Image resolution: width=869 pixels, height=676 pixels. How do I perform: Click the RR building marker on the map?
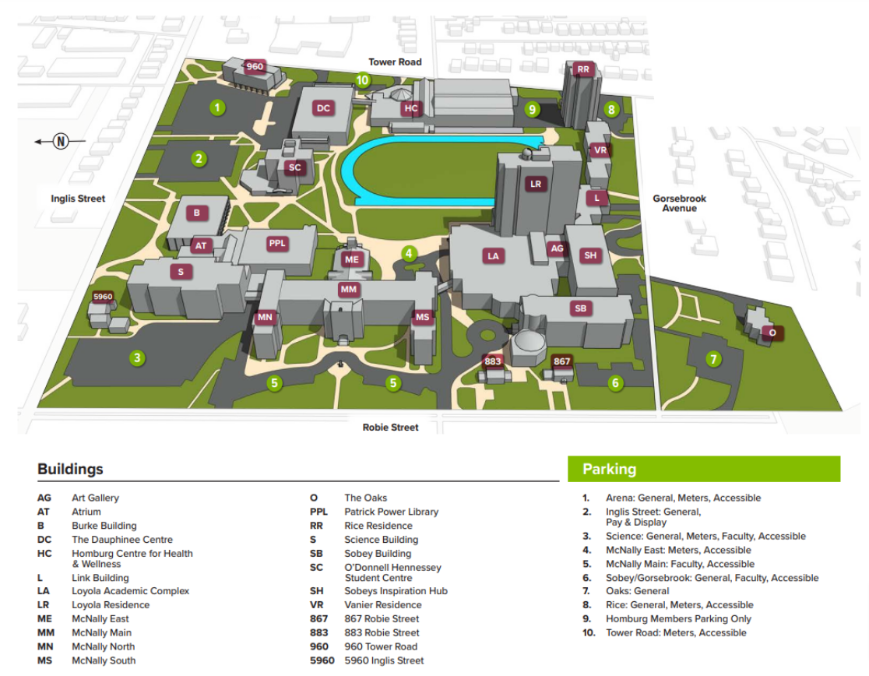584,69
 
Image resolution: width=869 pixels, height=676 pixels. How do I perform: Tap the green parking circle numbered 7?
713,359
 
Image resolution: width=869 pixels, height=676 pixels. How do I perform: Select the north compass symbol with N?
61,141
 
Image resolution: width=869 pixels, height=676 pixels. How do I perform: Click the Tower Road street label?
396,62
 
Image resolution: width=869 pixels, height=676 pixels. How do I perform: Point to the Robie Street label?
390,427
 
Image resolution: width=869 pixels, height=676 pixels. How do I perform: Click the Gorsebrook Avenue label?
679,203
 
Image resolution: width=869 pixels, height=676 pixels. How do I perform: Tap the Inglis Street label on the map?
78,199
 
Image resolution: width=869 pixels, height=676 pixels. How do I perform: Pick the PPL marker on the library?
278,244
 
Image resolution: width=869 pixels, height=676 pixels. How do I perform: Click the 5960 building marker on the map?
103,297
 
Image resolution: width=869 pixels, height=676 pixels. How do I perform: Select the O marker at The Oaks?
772,333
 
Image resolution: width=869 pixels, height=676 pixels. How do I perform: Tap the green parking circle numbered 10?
362,79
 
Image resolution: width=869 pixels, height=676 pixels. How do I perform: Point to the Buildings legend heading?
70,470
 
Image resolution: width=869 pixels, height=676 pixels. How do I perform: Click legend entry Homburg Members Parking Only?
678,618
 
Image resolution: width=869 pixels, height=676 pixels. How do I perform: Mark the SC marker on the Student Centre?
294,167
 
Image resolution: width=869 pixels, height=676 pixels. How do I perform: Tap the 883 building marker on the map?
493,361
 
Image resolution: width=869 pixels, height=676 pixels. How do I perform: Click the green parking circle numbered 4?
408,253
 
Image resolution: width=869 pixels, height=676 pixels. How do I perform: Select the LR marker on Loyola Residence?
535,185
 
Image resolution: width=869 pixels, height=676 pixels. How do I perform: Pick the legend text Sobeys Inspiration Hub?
396,590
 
